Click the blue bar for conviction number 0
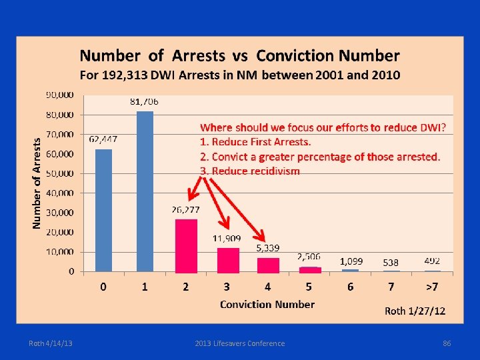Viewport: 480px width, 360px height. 103,210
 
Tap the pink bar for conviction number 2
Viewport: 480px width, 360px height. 186,245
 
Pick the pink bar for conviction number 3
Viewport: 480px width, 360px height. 227,259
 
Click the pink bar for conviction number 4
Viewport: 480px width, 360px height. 268,265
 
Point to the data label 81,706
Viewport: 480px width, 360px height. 144,102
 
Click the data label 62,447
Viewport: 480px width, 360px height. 103,139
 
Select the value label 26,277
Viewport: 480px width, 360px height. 186,209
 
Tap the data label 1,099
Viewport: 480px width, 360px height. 351,261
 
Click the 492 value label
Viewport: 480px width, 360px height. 432,261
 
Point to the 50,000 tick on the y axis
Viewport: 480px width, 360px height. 60,173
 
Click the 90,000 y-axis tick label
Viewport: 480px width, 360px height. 60,95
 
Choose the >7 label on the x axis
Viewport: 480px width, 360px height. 432,287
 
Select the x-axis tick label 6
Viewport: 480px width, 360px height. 351,287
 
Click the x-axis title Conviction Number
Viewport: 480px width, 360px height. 267,304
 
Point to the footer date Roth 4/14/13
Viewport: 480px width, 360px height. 51,343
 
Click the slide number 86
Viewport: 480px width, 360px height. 447,343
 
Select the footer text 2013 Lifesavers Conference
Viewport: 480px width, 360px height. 240,343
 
